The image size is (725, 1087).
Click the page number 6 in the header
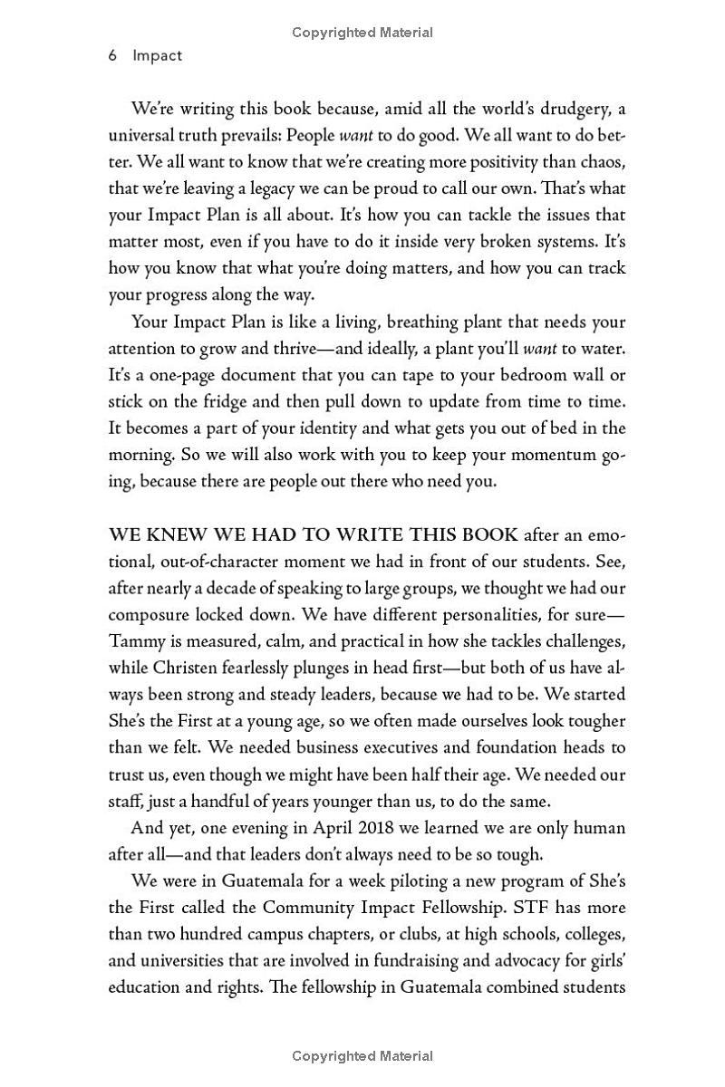(113, 56)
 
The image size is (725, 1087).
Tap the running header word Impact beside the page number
(158, 56)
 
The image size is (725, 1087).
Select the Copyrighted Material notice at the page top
(362, 33)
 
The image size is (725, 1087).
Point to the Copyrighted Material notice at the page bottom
(362, 1055)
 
